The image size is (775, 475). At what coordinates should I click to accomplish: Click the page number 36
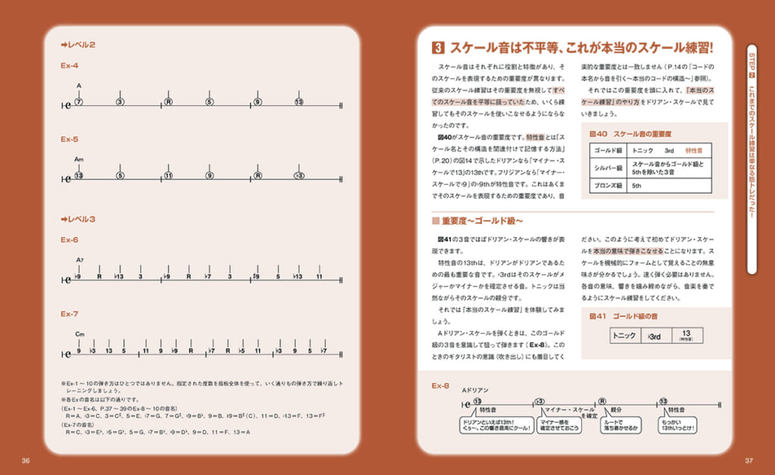coord(26,461)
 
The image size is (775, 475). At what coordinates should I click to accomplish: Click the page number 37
coord(749,461)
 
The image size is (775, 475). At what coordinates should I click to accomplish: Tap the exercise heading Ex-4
coord(70,66)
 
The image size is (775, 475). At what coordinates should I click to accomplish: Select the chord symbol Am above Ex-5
coord(79,160)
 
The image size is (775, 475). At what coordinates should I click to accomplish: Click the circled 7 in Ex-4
coord(79,101)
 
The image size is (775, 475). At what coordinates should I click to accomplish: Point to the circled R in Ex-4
coord(169,101)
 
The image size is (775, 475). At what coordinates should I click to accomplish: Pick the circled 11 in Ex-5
coord(169,175)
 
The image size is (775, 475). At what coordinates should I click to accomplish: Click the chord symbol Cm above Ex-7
coord(79,334)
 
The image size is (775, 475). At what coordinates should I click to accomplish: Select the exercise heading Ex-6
coord(70,240)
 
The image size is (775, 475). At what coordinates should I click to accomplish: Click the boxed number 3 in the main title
coord(437,48)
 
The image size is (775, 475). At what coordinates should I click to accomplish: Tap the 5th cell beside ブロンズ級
coord(636,185)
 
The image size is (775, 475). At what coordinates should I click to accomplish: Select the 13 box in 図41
coord(686,335)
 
